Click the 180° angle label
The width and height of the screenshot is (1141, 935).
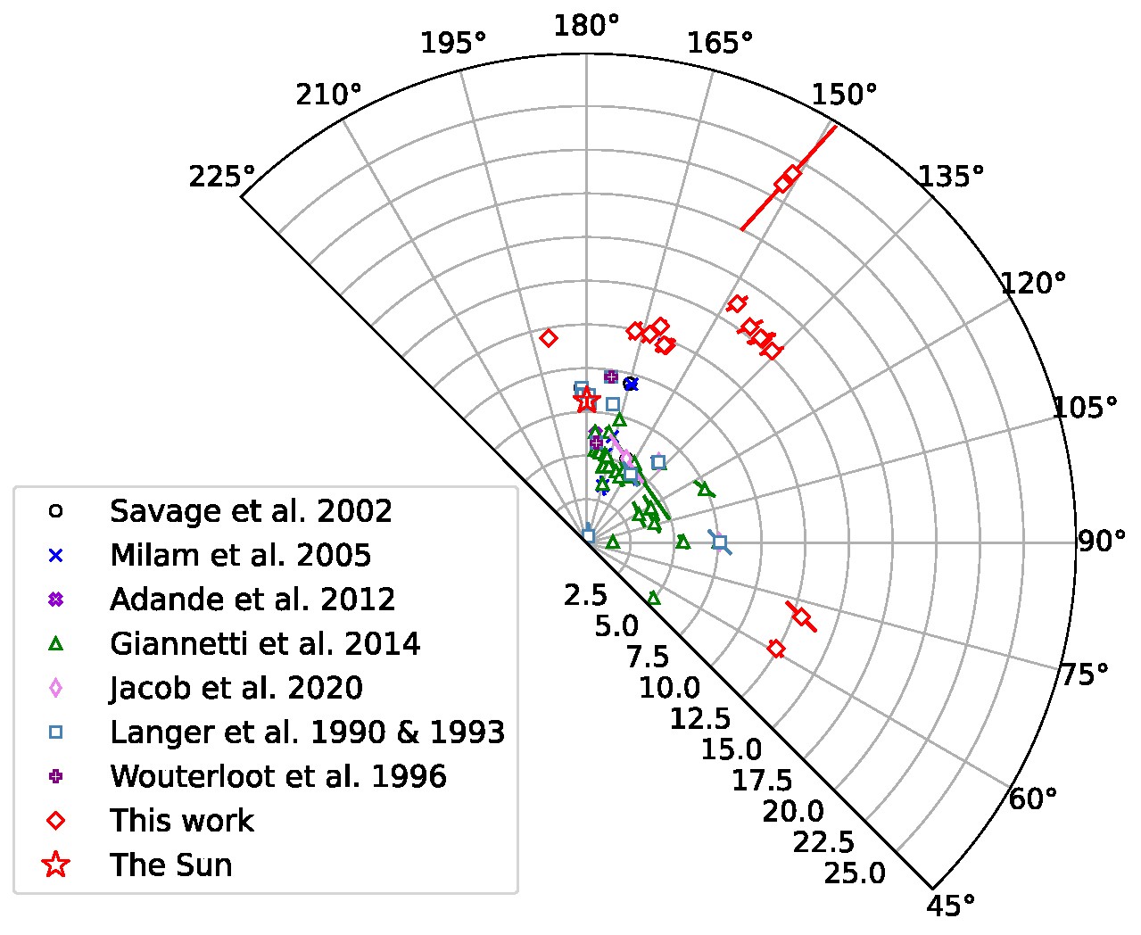tap(586, 25)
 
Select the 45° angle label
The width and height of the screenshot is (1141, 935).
tap(952, 906)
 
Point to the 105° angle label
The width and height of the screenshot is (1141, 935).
tap(1085, 408)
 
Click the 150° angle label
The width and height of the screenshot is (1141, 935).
tap(846, 95)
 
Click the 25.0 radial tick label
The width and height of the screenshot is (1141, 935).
tap(856, 873)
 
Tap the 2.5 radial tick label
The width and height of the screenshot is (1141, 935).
tap(585, 596)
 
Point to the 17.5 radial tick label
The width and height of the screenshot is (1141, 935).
tap(762, 781)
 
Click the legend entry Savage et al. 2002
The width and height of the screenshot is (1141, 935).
tap(251, 511)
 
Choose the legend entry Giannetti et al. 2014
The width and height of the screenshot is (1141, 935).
tap(265, 643)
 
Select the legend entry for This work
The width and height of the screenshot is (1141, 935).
tap(182, 820)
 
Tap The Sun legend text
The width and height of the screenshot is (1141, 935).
tap(171, 865)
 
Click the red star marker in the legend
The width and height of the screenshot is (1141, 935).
tap(56, 865)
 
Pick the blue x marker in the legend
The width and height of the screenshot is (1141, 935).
tap(56, 555)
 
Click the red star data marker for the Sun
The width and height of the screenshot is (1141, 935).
tap(586, 401)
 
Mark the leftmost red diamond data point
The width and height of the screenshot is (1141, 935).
tap(549, 338)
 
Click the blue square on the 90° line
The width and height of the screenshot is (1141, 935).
tap(720, 542)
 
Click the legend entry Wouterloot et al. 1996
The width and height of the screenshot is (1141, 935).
tap(278, 776)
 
